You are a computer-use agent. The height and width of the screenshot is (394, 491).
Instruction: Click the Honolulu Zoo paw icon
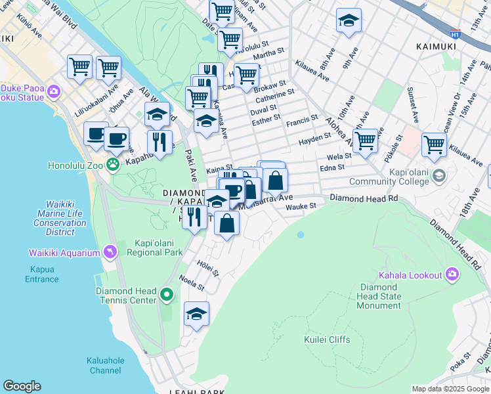point(114,164)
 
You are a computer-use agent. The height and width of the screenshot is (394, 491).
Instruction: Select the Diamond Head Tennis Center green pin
point(167,295)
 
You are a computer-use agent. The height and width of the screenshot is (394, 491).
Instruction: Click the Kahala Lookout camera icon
point(452,274)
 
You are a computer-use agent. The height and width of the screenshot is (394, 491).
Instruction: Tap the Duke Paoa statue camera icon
point(54,92)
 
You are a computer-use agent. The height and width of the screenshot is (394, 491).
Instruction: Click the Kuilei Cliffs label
point(327,339)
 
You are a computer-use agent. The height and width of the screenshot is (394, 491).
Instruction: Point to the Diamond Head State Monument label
point(380,296)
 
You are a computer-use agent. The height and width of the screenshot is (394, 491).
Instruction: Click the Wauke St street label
point(301,206)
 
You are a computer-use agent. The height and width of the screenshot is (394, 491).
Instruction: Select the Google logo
point(22,386)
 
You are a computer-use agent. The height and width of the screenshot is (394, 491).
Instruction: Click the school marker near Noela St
point(196,315)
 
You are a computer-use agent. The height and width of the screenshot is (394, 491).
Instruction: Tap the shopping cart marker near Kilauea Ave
point(435,145)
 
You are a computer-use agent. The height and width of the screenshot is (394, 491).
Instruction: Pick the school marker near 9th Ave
point(349,20)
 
